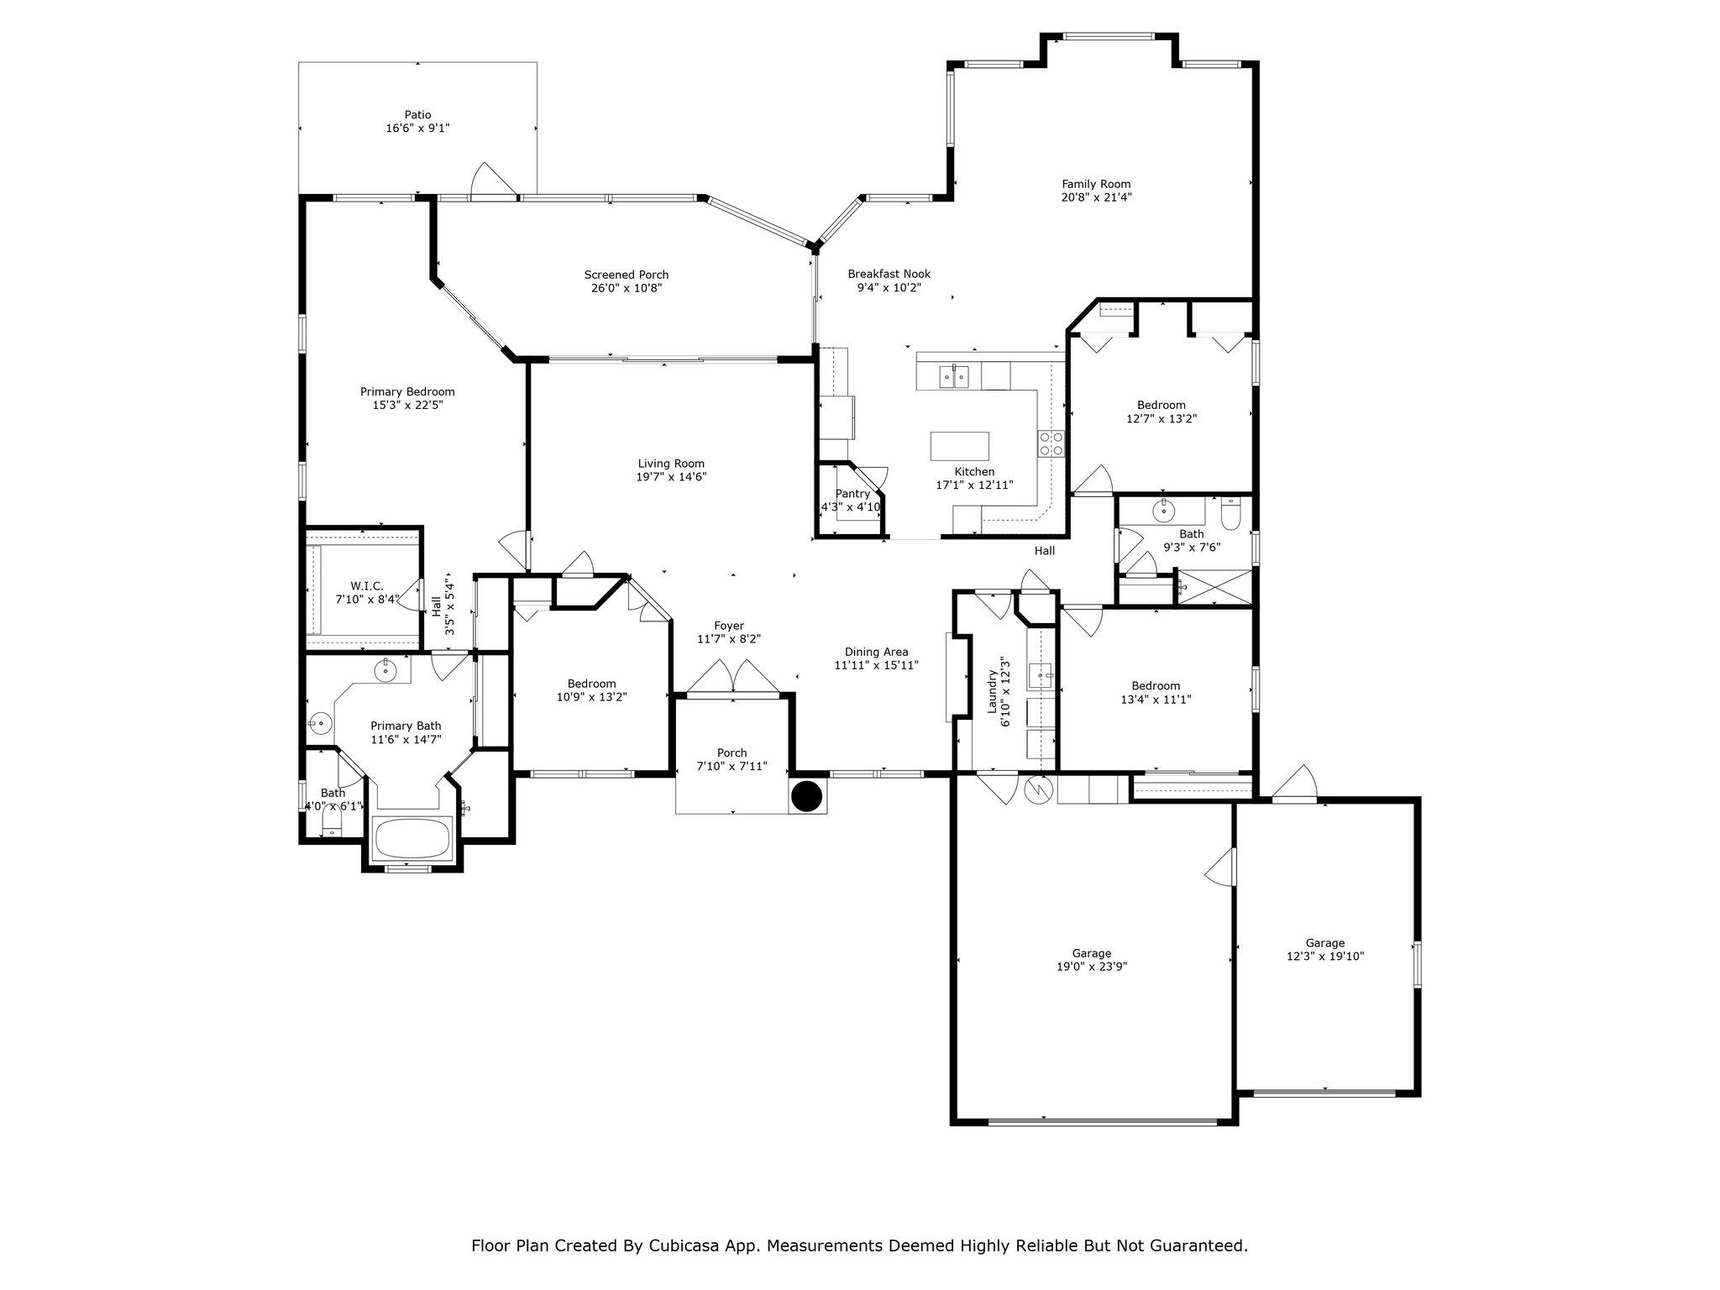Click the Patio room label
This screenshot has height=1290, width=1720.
coord(417,115)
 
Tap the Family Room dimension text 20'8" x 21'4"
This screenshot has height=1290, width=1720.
coord(1096,197)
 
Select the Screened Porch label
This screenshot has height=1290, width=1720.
coord(627,275)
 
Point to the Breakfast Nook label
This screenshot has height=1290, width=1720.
coord(889,274)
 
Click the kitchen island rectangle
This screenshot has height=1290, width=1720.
coord(959,445)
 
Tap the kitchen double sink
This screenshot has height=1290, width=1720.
coord(955,376)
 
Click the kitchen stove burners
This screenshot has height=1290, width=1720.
coord(1051,443)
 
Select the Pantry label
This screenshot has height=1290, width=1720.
coord(852,494)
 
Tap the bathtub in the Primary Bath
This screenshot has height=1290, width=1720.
coord(412,837)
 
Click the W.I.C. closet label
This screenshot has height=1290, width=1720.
coord(367,585)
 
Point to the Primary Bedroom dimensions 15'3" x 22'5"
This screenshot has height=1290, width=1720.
coord(407,405)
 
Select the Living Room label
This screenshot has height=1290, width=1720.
coord(671,464)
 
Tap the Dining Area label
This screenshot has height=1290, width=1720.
coord(876,652)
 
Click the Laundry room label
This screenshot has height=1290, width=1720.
coord(992,691)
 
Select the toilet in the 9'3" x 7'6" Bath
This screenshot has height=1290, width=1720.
coord(1230,513)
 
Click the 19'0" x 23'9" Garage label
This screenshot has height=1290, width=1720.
coord(1092,953)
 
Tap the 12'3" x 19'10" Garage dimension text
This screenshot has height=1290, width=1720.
coord(1325,956)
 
